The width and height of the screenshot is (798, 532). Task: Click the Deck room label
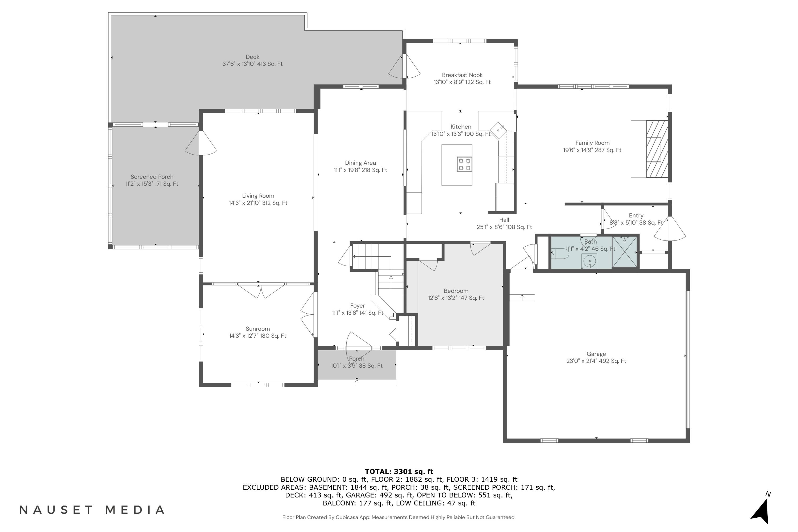click(252, 57)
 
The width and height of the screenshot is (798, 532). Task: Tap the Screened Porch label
click(152, 177)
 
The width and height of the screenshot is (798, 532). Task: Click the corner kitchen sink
click(498, 130)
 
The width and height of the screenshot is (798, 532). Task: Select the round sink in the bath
click(590, 261)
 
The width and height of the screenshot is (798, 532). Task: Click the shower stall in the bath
click(625, 252)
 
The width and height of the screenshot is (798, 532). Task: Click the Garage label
click(596, 354)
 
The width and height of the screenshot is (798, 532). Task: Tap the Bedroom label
click(456, 291)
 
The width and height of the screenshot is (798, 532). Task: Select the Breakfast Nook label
click(462, 75)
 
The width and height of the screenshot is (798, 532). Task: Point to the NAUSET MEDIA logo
click(92, 510)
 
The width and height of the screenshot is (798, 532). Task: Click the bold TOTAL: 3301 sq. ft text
click(399, 471)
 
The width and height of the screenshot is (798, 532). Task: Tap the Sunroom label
click(258, 329)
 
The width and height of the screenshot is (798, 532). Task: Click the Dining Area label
click(360, 163)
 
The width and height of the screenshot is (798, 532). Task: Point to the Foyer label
click(358, 306)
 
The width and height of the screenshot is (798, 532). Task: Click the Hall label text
click(504, 220)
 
